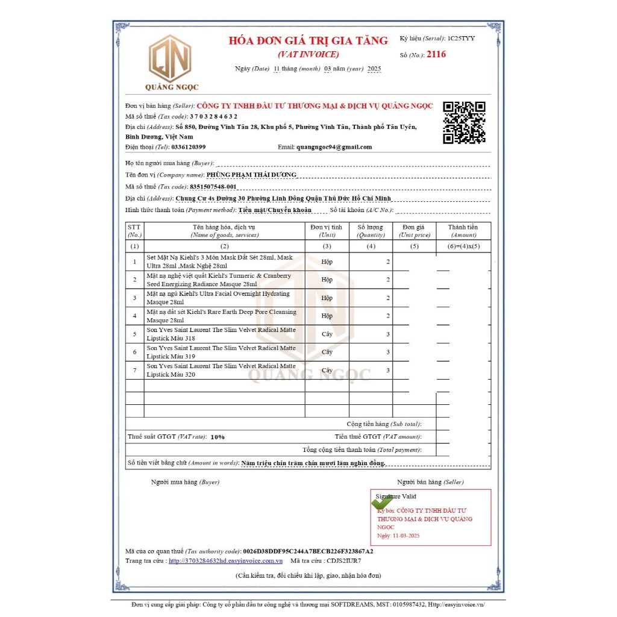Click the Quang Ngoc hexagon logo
coord(170,58)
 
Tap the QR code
coord(464,122)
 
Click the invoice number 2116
coord(436,54)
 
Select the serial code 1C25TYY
coord(461,39)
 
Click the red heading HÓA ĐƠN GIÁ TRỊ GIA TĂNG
coord(308,41)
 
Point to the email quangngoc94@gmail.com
coord(334,147)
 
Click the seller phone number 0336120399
coord(189,147)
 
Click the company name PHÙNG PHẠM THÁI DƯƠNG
coord(251,175)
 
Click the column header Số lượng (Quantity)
coord(371,231)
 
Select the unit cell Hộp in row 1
coord(327,262)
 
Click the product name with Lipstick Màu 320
coord(221,370)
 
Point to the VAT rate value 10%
coord(218,437)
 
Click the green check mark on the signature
coord(382,501)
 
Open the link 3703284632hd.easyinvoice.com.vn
coord(225,560)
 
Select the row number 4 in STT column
coord(134,316)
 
